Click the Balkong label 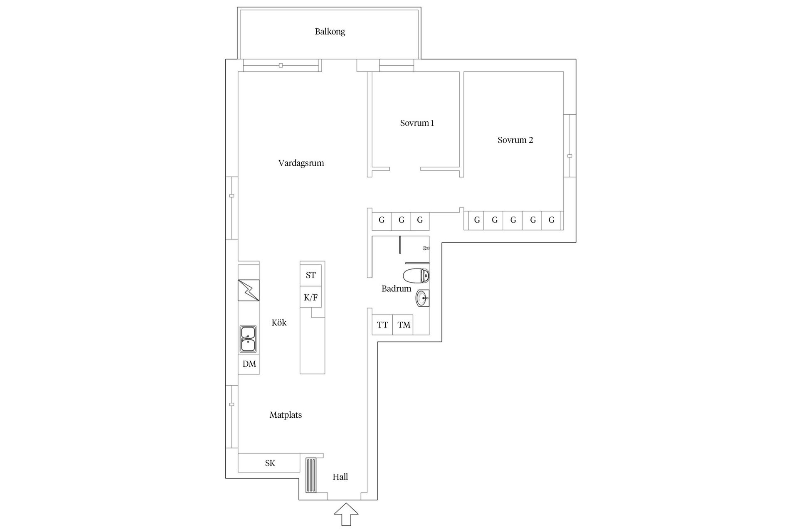click(x=330, y=32)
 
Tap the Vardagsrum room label click(x=301, y=163)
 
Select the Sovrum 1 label click(x=417, y=123)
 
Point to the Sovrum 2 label click(x=515, y=140)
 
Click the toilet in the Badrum click(x=416, y=275)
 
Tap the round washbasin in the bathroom click(x=422, y=298)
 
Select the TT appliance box click(x=382, y=325)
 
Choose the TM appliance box click(x=403, y=325)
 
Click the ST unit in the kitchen click(x=310, y=275)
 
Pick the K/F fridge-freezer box click(x=310, y=297)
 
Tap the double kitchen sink click(x=248, y=339)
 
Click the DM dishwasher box click(x=249, y=364)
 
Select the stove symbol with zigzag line click(x=249, y=290)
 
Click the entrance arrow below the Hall click(x=346, y=515)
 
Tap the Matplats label click(x=286, y=415)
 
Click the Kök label click(x=279, y=323)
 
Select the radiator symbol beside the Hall click(x=311, y=475)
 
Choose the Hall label click(x=340, y=477)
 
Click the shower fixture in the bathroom click(x=426, y=248)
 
